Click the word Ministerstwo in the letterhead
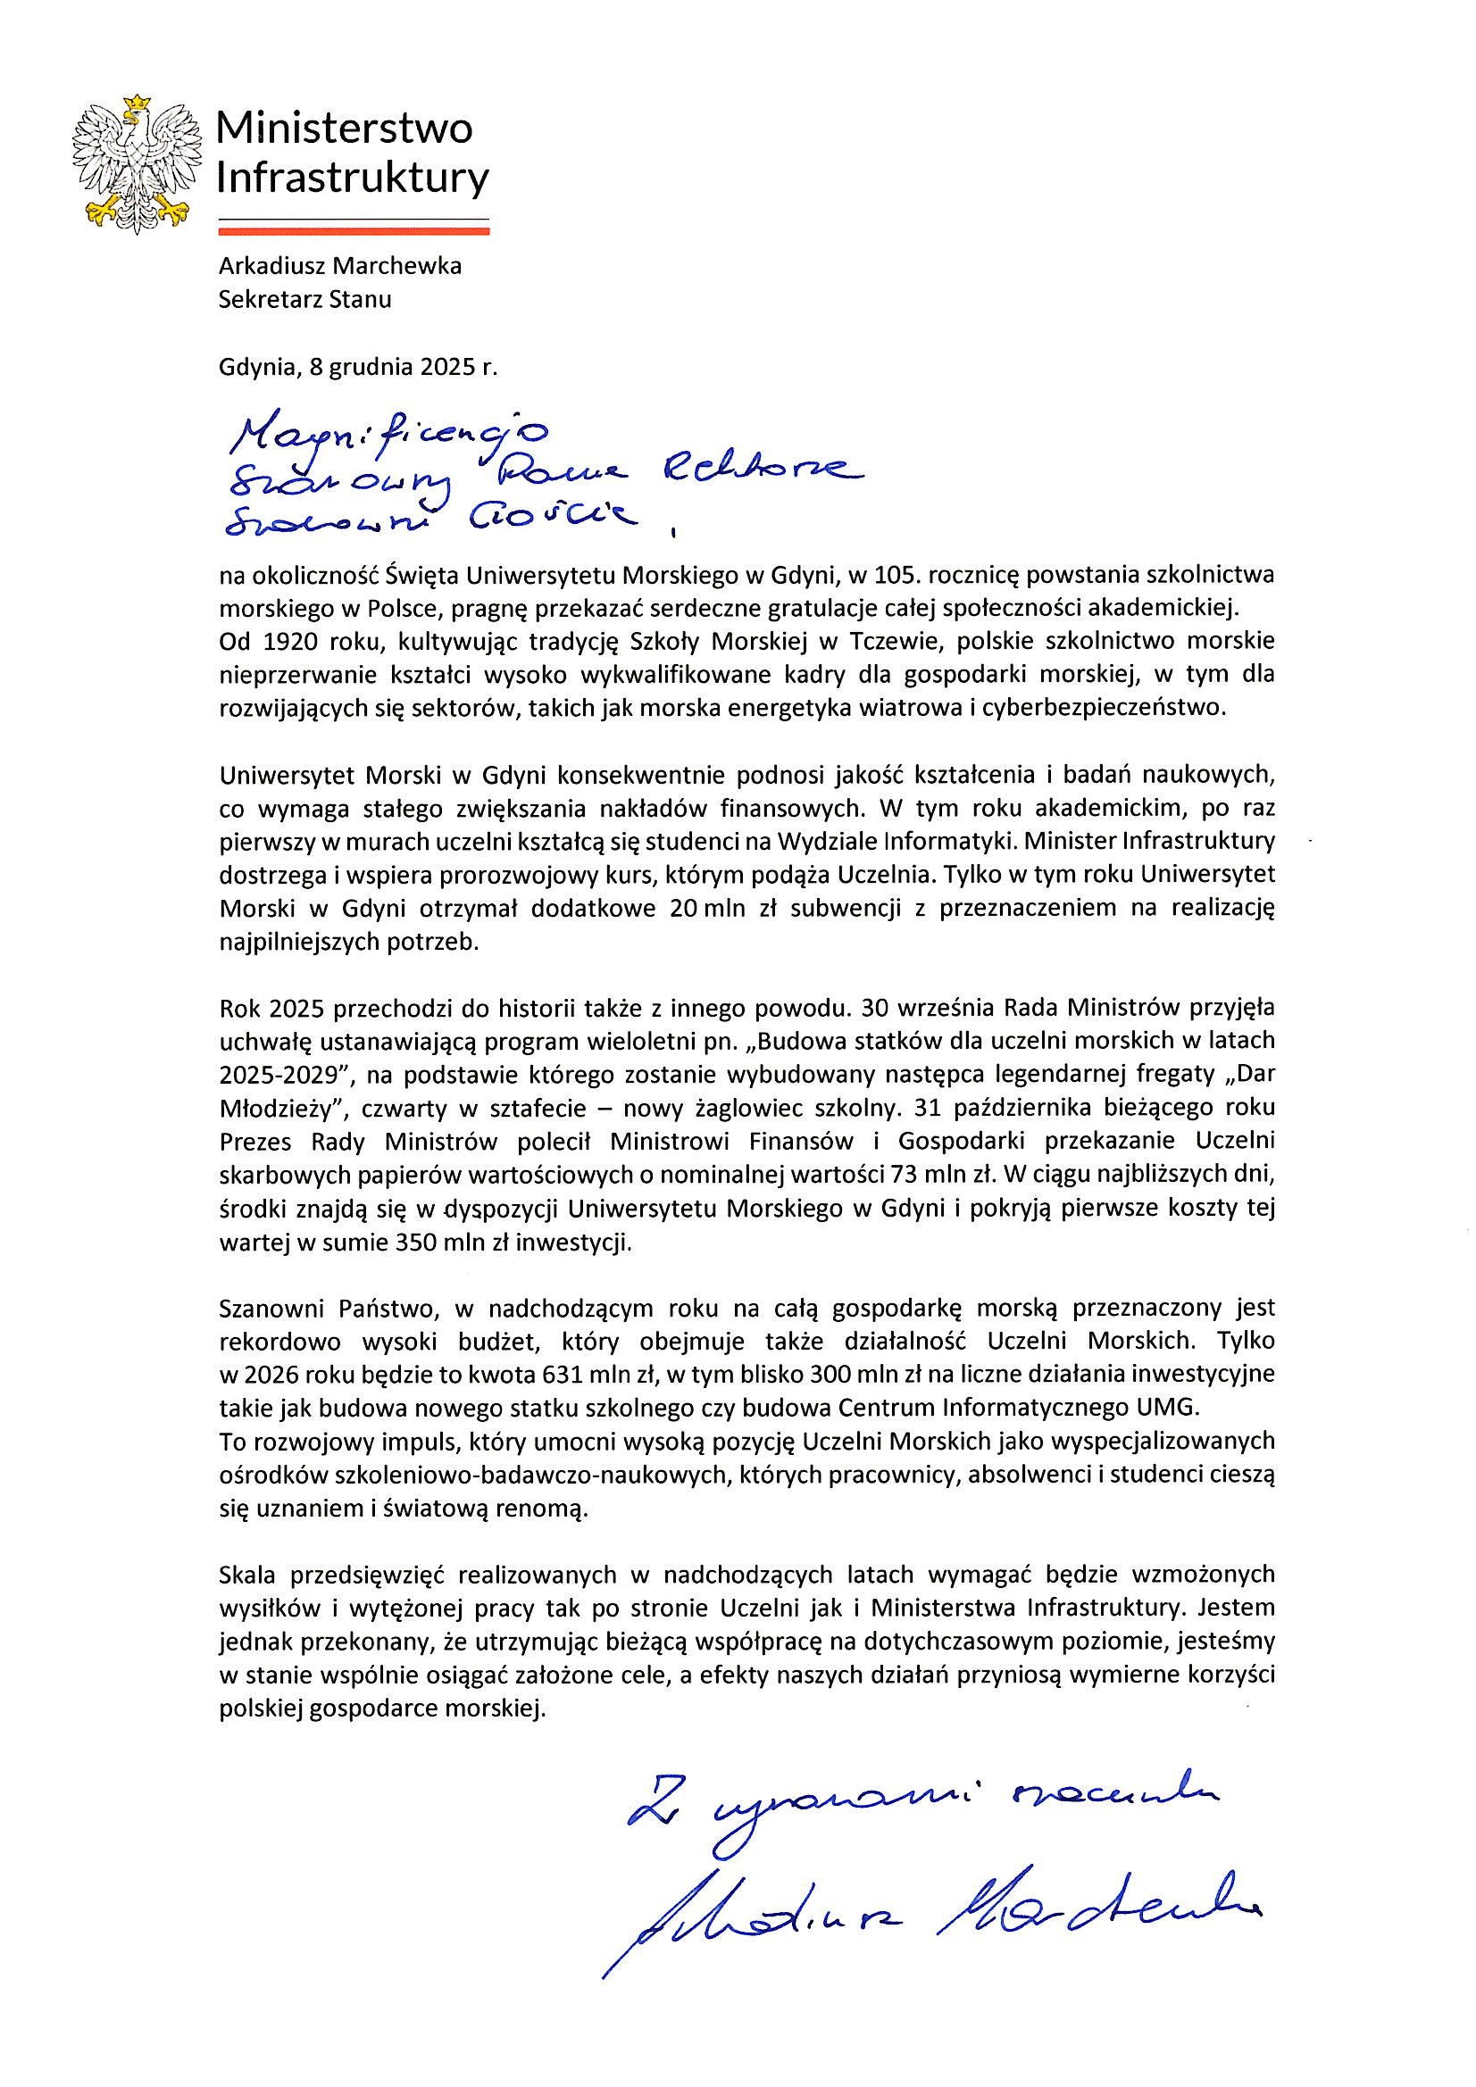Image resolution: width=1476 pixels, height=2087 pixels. tap(345, 129)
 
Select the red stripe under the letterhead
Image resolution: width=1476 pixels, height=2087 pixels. tap(354, 231)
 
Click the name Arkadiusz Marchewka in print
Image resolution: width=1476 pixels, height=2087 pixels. tap(340, 266)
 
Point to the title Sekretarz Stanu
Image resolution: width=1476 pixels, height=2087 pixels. tap(304, 299)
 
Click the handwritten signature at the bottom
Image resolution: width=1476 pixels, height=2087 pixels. tap(928, 1915)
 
